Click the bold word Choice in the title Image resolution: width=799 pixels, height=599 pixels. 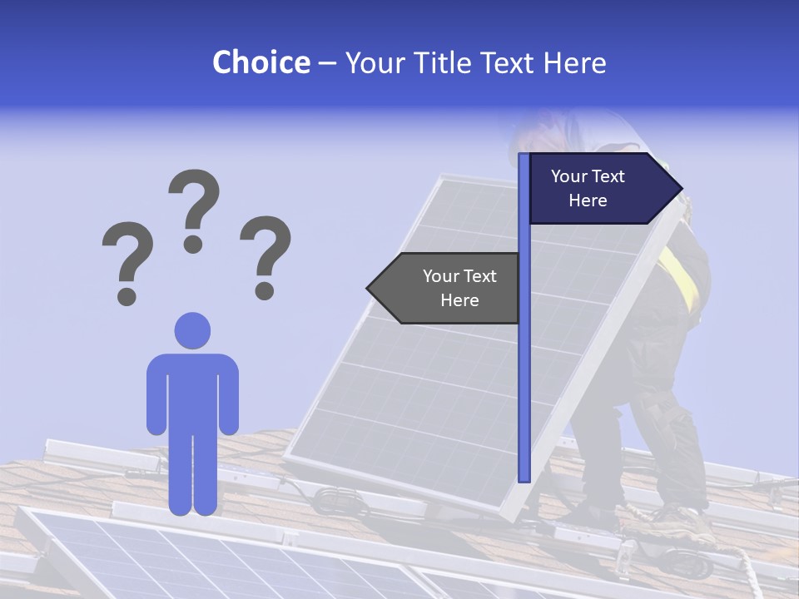[261, 62]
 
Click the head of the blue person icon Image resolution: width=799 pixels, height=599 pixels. [192, 330]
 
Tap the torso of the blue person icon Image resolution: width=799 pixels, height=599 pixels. [192, 391]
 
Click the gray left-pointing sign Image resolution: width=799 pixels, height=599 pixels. [449, 288]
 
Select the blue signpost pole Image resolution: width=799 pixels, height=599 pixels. [524, 333]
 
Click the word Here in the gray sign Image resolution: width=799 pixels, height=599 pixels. [459, 300]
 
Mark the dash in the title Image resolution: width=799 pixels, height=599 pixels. [327, 63]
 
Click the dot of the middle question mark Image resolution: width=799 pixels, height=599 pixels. [193, 244]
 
